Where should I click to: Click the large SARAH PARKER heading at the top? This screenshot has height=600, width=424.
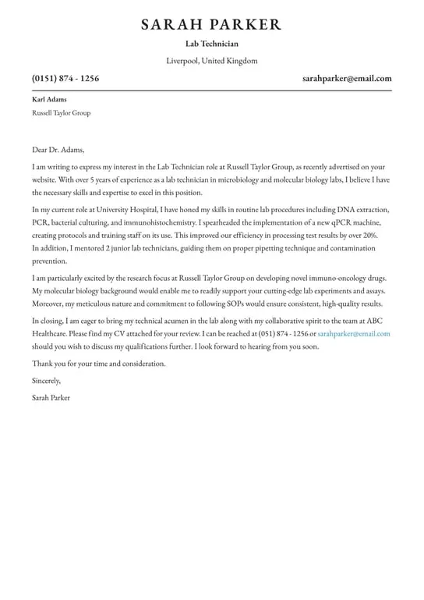tap(211, 24)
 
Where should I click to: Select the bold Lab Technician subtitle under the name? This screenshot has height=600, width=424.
tap(212, 44)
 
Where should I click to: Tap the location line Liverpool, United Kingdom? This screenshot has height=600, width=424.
tap(212, 61)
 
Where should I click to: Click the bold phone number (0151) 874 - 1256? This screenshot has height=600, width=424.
tap(65, 78)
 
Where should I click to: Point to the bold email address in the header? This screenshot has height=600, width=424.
tap(347, 78)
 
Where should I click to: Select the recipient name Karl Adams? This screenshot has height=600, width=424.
tap(49, 99)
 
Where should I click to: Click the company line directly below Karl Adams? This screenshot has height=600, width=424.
tap(61, 113)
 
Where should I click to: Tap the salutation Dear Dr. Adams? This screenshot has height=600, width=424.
tap(58, 150)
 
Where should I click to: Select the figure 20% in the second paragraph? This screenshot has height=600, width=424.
tap(369, 235)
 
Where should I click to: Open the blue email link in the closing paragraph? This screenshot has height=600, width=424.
tap(354, 334)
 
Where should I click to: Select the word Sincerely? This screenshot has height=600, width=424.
tap(46, 381)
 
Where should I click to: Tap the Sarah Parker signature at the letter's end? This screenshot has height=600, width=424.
tap(51, 398)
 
